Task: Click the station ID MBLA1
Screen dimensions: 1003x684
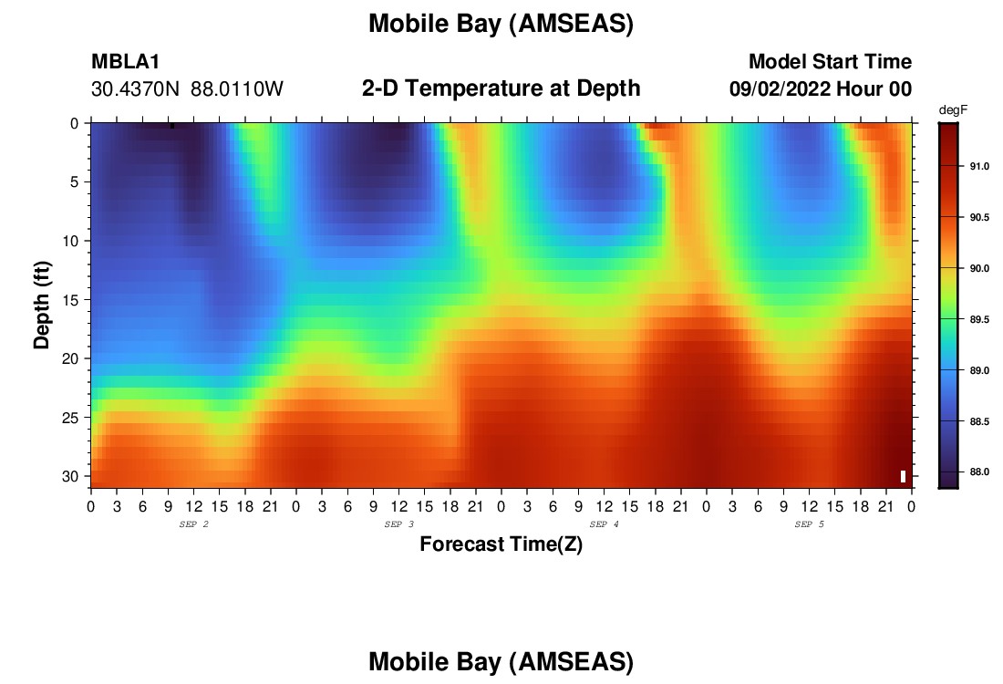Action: pos(126,61)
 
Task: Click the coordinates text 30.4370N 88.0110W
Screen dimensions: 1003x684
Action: pos(187,89)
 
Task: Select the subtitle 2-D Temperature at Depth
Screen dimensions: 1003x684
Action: pos(501,88)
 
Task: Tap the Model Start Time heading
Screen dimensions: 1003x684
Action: pos(830,61)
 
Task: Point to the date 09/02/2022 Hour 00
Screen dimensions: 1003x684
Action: pos(821,88)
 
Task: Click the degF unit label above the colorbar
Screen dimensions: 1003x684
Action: pos(953,110)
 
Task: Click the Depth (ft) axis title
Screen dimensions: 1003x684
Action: pos(42,306)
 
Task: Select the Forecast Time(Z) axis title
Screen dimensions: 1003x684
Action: pos(501,544)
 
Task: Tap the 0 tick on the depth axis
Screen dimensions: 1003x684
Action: pos(75,123)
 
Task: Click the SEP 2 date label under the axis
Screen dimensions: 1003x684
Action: pos(194,524)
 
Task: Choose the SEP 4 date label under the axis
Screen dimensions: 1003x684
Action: pos(604,524)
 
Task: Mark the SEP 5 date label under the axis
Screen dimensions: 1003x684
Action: pos(809,524)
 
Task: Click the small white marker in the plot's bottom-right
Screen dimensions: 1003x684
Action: pos(903,476)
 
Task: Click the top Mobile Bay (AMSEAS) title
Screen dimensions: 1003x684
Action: pos(501,24)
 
